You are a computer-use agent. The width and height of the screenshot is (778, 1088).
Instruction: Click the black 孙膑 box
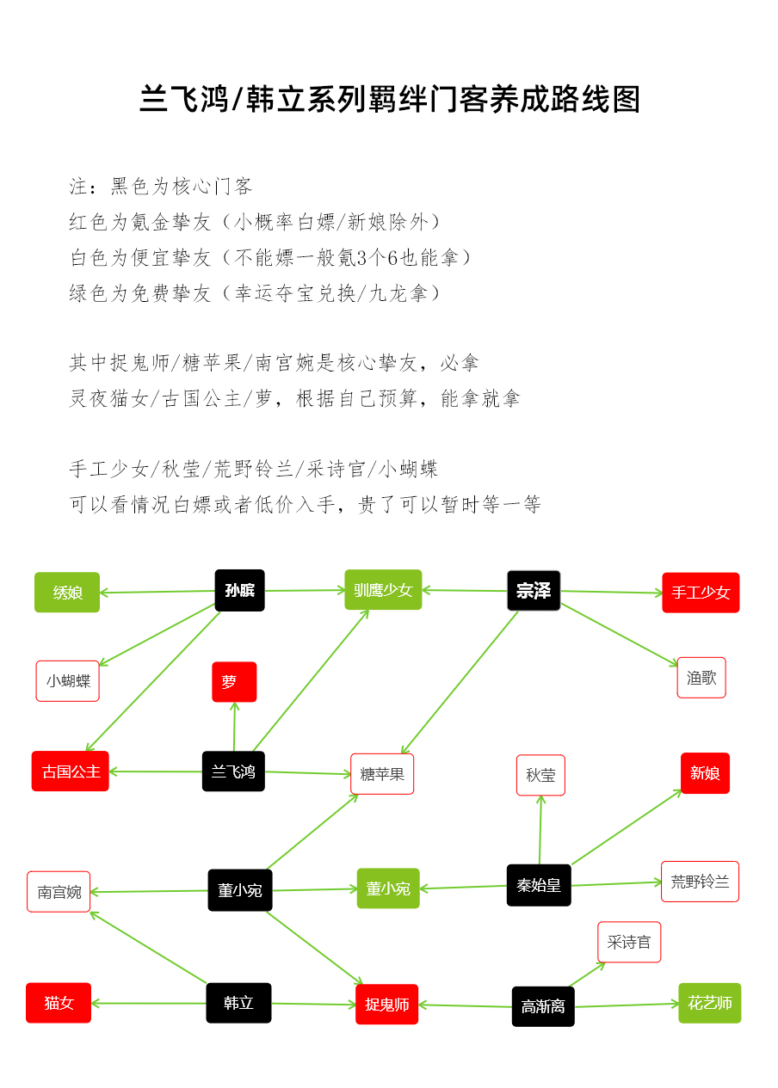[239, 590]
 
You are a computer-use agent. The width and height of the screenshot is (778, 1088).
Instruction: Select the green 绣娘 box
[67, 592]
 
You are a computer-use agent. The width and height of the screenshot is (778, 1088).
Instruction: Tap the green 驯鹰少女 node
[383, 590]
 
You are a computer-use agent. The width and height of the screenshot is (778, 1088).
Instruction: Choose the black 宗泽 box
[534, 591]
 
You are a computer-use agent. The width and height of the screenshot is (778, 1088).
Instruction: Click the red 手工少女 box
[701, 593]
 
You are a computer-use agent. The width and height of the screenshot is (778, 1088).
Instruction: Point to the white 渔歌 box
[701, 678]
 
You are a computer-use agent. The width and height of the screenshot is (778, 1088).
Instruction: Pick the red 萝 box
[234, 682]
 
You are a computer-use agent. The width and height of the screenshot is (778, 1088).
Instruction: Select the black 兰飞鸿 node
[233, 771]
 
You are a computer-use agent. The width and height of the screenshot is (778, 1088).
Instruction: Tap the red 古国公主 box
[71, 771]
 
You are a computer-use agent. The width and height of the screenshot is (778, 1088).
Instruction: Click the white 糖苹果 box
[382, 774]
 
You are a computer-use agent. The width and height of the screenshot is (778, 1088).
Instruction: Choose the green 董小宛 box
[388, 888]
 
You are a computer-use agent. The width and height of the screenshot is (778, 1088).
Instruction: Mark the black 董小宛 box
[240, 890]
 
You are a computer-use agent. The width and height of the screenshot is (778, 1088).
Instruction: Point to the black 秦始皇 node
[539, 885]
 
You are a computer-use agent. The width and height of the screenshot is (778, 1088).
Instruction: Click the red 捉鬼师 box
[386, 1004]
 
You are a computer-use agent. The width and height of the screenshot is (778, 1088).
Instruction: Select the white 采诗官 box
[629, 942]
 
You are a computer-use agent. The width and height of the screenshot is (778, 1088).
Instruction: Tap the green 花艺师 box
[709, 1003]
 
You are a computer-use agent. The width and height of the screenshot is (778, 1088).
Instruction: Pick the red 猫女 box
[59, 1003]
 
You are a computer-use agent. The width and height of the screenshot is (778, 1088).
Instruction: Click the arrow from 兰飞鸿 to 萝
[234, 727]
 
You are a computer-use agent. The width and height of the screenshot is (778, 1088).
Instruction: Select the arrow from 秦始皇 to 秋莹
[540, 830]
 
